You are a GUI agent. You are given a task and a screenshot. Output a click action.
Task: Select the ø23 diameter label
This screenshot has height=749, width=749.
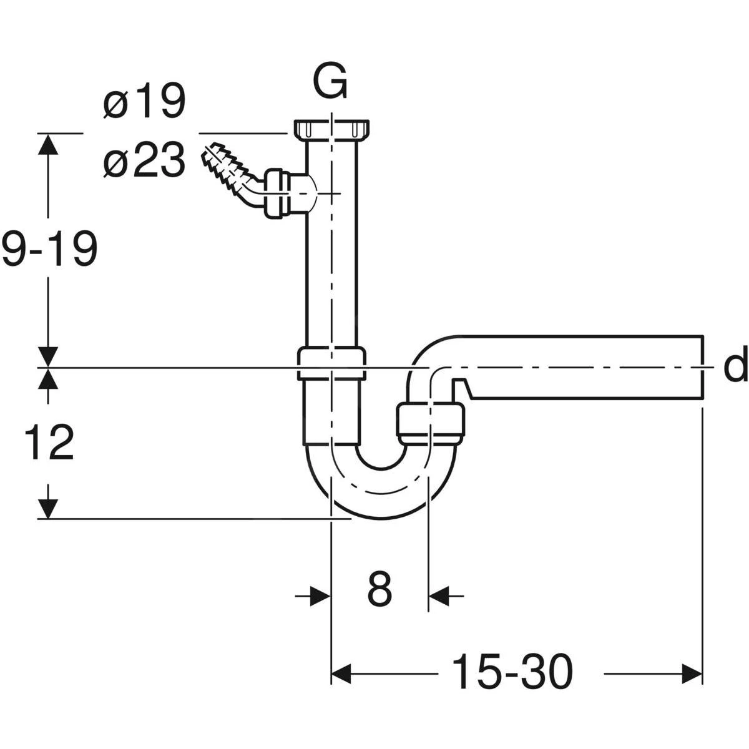point(144,160)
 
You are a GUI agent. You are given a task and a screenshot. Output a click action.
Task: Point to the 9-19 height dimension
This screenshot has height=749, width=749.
point(49,248)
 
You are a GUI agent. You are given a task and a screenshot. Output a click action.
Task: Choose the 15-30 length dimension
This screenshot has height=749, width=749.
point(511,673)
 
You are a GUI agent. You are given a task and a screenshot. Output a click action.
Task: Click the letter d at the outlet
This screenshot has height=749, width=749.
point(735,367)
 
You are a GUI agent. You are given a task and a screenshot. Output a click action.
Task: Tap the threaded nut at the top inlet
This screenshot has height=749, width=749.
point(332,129)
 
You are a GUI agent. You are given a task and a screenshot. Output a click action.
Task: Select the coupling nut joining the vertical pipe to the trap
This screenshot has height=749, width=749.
point(332,363)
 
